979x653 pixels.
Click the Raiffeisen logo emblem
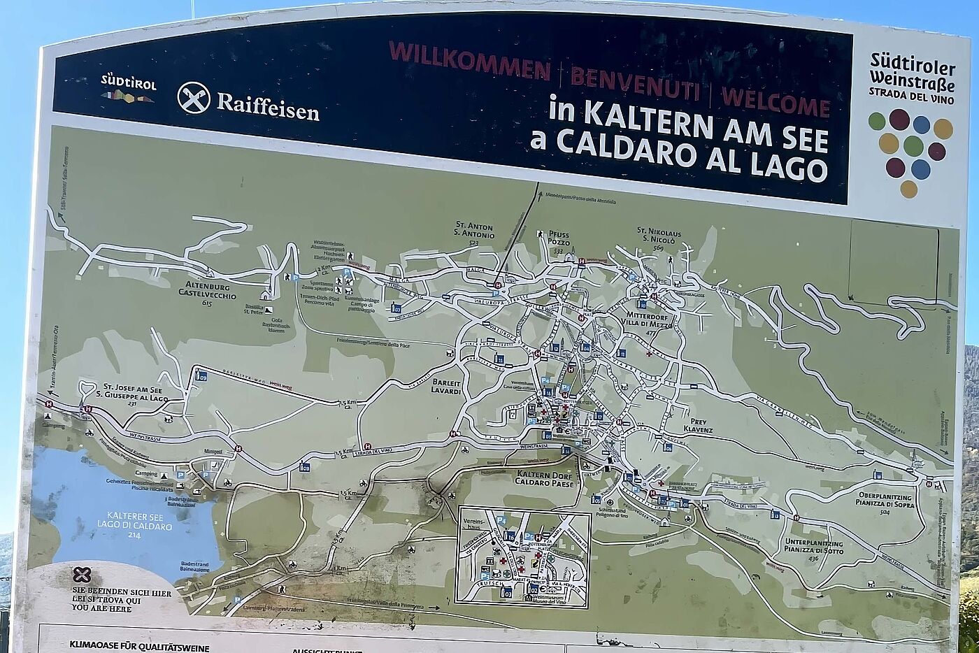tap(194, 97)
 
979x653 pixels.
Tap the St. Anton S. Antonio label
tap(474, 231)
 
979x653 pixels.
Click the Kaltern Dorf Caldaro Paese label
tap(545, 479)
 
